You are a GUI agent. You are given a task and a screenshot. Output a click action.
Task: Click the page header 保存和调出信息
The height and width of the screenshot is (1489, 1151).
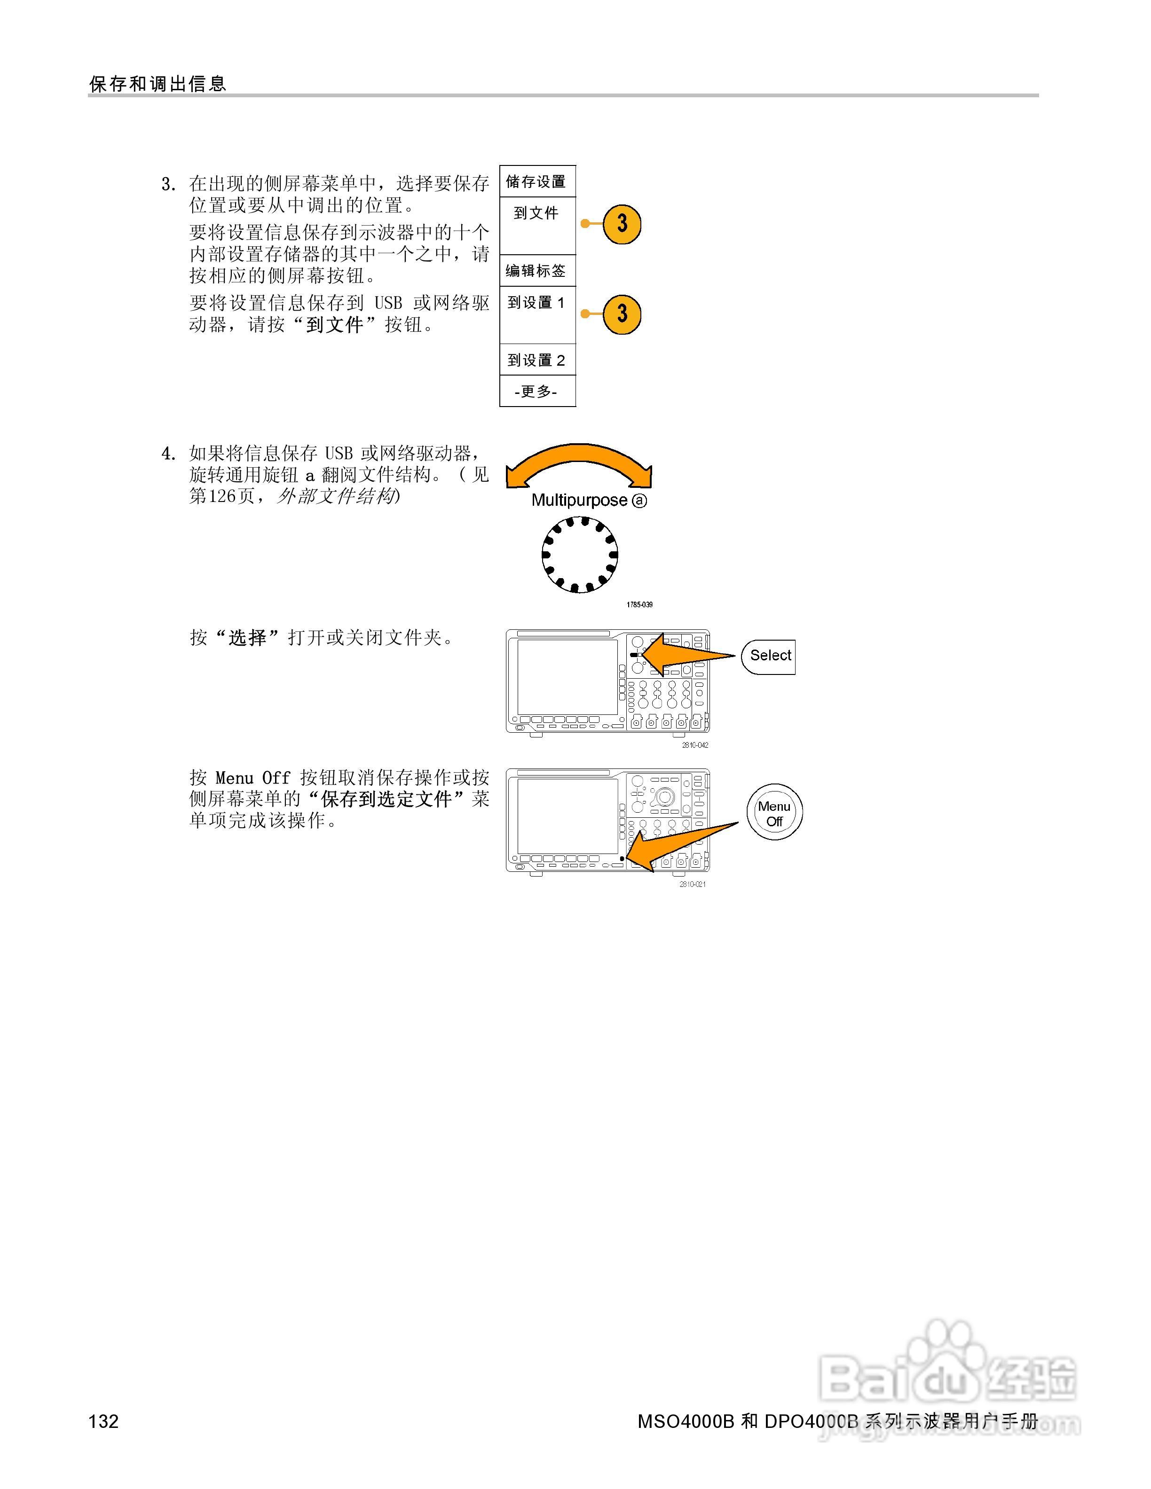(158, 84)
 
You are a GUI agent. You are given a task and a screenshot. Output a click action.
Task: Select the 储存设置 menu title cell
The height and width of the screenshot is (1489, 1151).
(536, 182)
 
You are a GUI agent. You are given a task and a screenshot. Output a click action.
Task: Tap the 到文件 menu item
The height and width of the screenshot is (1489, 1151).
(536, 214)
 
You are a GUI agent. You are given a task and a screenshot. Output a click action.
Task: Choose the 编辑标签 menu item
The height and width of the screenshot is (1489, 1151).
(536, 271)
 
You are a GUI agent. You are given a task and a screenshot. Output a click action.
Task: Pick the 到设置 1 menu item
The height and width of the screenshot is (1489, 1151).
(536, 303)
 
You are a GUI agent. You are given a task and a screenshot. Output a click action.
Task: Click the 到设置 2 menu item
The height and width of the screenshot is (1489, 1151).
(536, 360)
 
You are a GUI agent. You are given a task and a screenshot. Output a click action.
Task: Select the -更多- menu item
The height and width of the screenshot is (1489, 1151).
(536, 392)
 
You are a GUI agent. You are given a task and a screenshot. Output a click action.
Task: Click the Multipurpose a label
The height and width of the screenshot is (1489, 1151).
(589, 501)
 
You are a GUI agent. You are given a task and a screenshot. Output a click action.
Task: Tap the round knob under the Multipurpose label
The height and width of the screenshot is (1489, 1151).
(580, 554)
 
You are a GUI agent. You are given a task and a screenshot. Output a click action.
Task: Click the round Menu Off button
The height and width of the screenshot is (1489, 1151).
(774, 813)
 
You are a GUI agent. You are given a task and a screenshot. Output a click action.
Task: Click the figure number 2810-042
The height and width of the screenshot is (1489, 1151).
(695, 745)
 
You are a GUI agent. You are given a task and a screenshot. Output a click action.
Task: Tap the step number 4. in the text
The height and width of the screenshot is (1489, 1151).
(168, 454)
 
